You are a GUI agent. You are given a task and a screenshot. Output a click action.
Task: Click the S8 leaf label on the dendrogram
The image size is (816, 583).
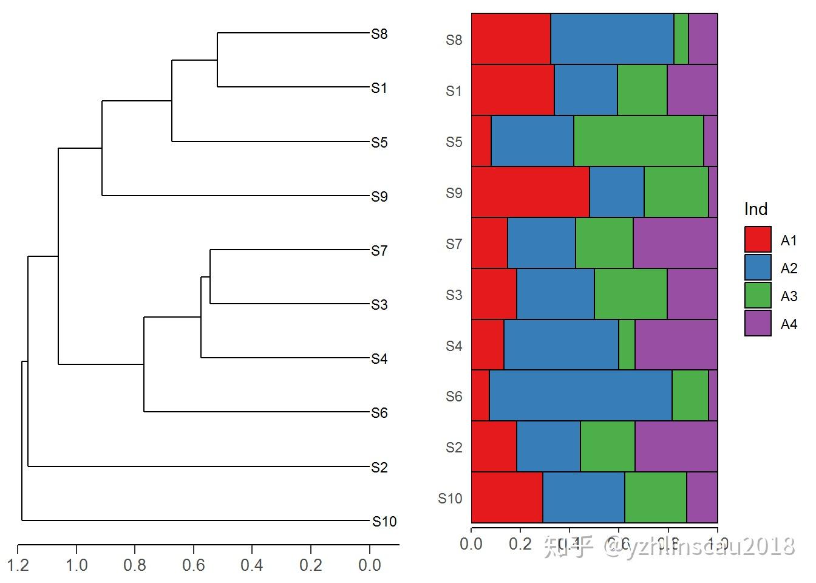pos(379,34)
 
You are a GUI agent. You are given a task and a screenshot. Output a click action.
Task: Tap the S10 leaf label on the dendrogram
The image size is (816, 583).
pos(384,521)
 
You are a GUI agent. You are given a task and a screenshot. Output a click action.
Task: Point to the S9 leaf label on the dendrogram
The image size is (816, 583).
pos(379,196)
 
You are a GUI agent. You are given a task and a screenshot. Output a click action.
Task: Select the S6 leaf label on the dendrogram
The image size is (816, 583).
pos(379,413)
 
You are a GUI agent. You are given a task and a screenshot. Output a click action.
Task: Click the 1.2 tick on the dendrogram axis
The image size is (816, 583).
pos(18,565)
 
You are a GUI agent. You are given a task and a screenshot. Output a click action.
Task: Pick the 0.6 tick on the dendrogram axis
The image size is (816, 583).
pos(194,565)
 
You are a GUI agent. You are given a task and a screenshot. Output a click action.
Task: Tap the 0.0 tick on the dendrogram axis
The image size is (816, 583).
pos(369,565)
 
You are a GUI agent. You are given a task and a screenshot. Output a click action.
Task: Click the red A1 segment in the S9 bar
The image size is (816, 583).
pos(530,192)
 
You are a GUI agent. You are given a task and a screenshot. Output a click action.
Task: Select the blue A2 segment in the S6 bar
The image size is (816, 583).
pos(580,395)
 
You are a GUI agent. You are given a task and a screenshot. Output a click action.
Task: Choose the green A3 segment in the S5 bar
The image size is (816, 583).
pos(638,141)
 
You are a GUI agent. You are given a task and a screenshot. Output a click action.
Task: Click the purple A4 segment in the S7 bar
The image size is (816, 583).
pos(675,243)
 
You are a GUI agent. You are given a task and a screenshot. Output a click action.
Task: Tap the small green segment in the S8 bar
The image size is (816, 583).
pos(681,39)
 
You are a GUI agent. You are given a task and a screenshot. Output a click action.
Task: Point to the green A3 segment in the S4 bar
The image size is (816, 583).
pos(627,345)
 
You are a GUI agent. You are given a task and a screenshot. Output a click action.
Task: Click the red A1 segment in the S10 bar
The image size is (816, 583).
pos(507,497)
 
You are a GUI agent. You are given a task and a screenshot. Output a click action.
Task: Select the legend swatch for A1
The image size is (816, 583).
pos(758,239)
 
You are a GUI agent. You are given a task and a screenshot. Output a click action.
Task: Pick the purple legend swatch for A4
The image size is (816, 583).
pos(758,323)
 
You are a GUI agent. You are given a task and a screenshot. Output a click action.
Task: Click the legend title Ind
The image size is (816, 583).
pos(756,209)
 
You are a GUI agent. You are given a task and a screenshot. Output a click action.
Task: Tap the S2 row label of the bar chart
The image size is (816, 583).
pos(454,448)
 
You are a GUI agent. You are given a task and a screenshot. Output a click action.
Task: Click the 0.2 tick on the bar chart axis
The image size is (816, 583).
pos(520,543)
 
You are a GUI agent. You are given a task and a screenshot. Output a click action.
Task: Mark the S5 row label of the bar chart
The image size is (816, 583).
pos(454,141)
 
